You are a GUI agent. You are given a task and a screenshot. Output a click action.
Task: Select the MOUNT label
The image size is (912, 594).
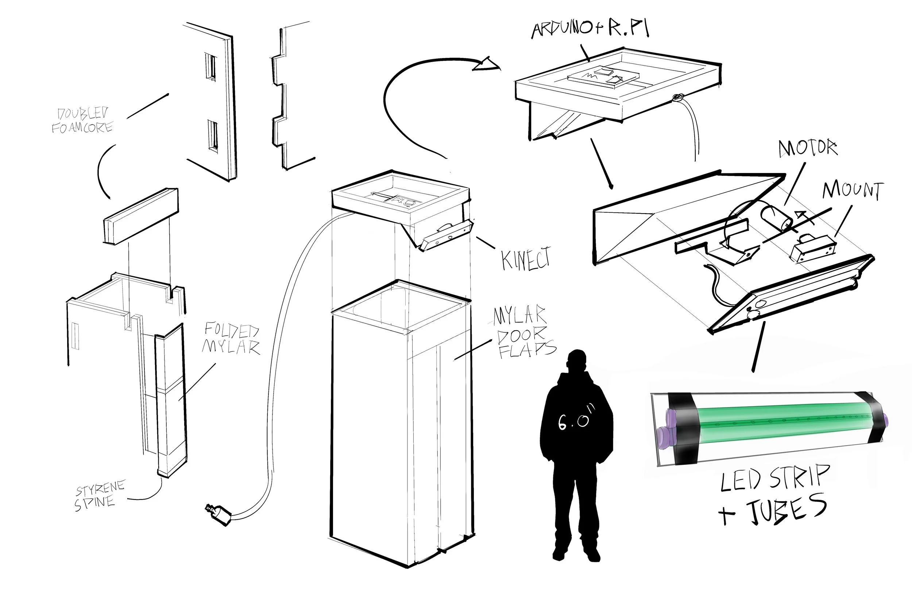(x=853, y=190)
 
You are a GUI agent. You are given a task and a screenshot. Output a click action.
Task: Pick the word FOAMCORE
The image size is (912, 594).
(x=82, y=128)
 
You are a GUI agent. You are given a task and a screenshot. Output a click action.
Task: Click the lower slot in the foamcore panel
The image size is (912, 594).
(x=213, y=136)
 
